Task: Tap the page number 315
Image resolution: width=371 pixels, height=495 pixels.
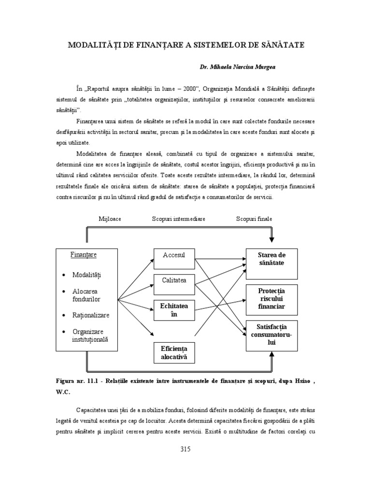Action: click(185, 449)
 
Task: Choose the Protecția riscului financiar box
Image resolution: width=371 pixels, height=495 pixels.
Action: click(271, 298)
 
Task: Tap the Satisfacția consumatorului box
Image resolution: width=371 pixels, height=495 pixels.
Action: click(271, 335)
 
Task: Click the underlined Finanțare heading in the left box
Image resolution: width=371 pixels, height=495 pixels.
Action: click(84, 254)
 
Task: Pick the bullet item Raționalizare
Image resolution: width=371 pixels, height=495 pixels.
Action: click(91, 315)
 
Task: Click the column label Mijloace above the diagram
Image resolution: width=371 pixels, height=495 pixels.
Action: click(110, 219)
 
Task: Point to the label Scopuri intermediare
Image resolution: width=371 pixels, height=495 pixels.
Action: click(179, 219)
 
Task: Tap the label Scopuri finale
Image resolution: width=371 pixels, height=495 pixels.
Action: click(254, 219)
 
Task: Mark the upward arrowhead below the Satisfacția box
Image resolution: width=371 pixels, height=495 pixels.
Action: click(271, 354)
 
